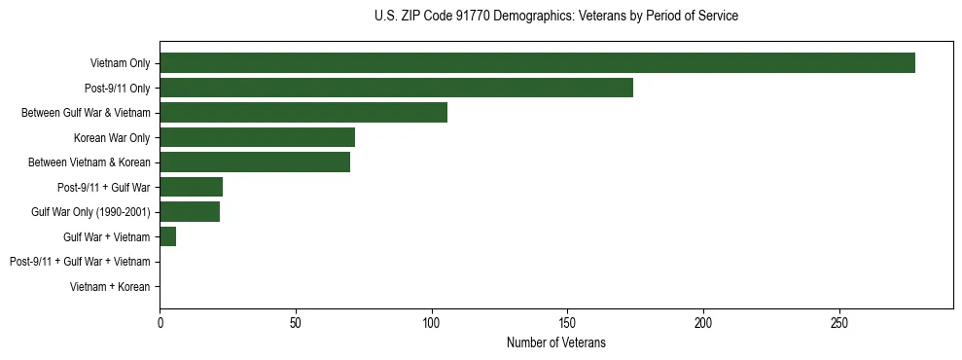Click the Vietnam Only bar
[537, 63]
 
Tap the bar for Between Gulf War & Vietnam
[303, 113]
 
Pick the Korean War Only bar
[257, 137]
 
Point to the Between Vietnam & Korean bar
[255, 162]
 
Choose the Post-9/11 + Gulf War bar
[192, 187]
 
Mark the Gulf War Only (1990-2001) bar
[190, 212]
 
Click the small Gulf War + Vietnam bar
[168, 236]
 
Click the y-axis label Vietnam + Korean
[110, 287]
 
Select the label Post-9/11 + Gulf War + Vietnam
[80, 262]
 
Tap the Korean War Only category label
[112, 137]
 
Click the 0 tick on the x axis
[160, 322]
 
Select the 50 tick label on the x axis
[296, 322]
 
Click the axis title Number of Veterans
[555, 342]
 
